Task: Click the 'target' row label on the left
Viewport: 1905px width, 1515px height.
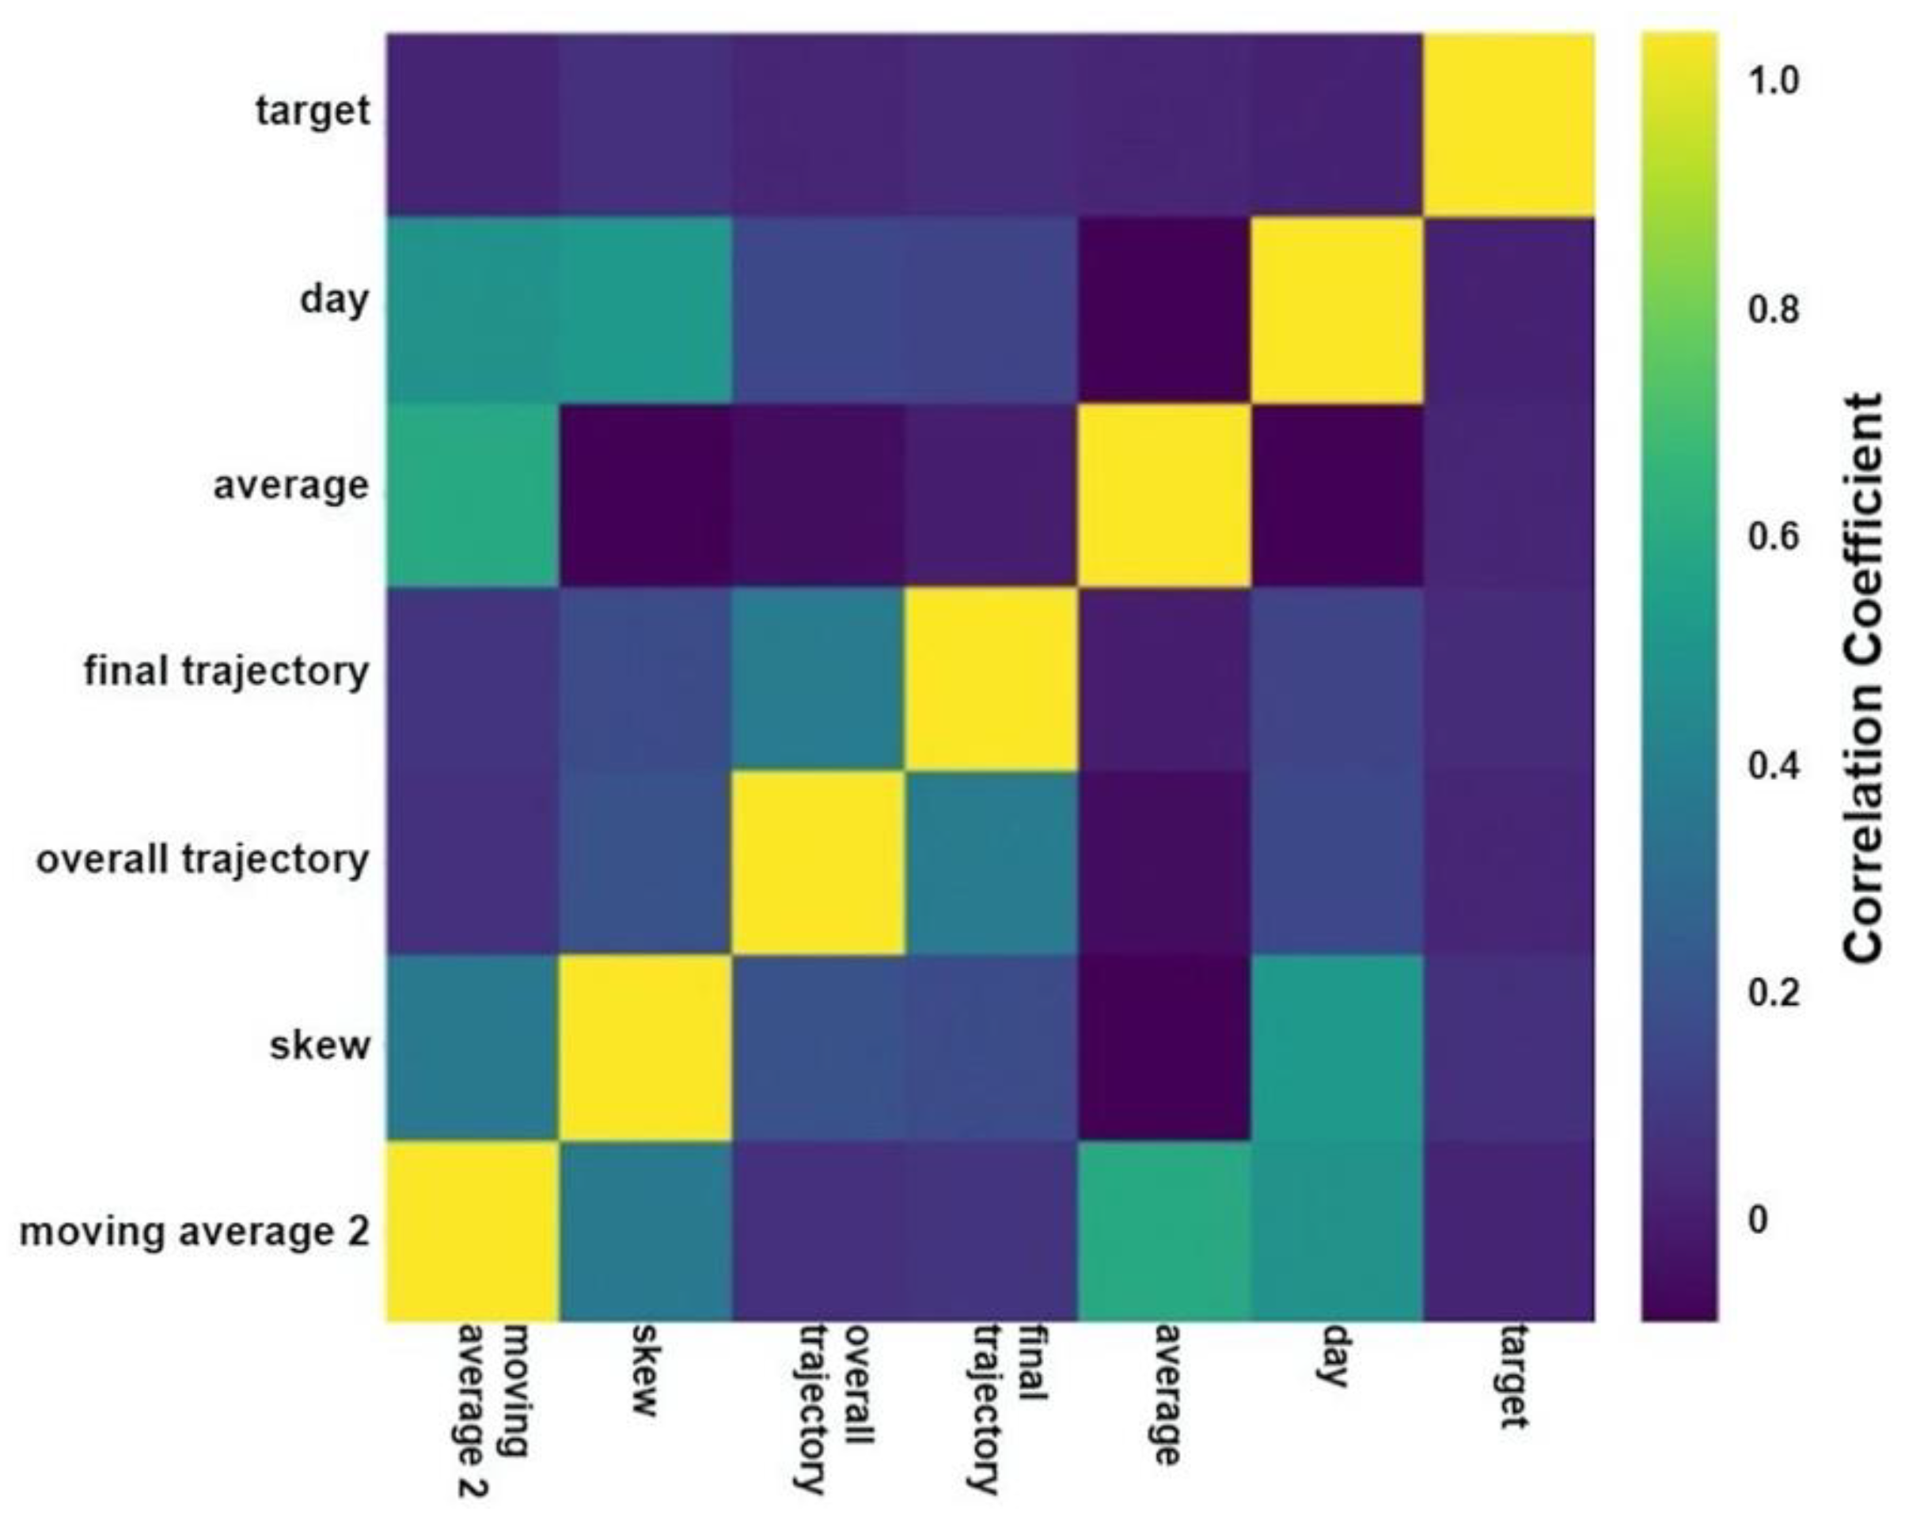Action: pyautogui.click(x=313, y=112)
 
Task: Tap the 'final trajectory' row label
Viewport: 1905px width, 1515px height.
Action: pyautogui.click(x=226, y=672)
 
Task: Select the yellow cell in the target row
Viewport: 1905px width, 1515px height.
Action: pyautogui.click(x=1509, y=123)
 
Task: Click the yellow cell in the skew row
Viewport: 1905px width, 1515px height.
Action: pyautogui.click(x=645, y=1047)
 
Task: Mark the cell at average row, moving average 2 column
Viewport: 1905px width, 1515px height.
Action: pyautogui.click(x=472, y=494)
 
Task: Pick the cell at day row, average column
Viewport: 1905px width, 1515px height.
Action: pyautogui.click(x=1163, y=309)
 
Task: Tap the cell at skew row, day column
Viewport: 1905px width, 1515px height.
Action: pyautogui.click(x=1336, y=1047)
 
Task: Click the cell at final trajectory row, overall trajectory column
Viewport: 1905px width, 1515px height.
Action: pyautogui.click(x=818, y=680)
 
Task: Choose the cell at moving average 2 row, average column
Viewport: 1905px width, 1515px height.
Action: pyautogui.click(x=1163, y=1232)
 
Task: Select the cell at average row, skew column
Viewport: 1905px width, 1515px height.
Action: pyautogui.click(x=645, y=494)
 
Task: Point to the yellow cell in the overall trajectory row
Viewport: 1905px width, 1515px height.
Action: pyautogui.click(x=818, y=863)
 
